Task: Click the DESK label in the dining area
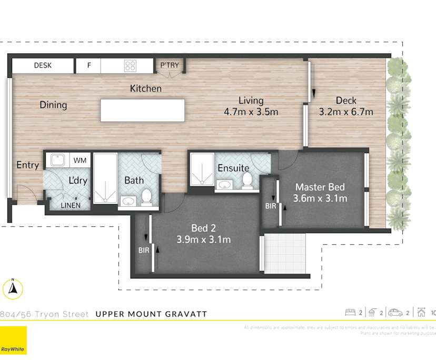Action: click(42, 66)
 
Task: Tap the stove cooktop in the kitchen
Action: click(130, 66)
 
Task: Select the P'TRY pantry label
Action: click(170, 66)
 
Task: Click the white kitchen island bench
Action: click(142, 111)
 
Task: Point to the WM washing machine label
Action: click(80, 160)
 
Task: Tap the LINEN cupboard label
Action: click(70, 205)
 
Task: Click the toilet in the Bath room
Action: click(146, 197)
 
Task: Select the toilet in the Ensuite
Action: click(246, 180)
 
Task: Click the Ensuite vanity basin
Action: click(225, 184)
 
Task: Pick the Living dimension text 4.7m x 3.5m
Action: click(251, 112)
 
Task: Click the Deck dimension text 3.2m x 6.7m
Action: click(346, 112)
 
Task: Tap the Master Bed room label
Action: click(320, 187)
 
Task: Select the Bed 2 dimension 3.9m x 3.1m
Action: click(203, 240)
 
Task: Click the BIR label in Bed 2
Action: click(143, 251)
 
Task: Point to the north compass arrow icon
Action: click(14, 288)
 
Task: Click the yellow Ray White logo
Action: click(13, 340)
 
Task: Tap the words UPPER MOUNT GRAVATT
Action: click(151, 314)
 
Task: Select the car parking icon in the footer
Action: click(395, 313)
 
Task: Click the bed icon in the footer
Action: click(350, 313)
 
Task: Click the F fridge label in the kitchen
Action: click(89, 66)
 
